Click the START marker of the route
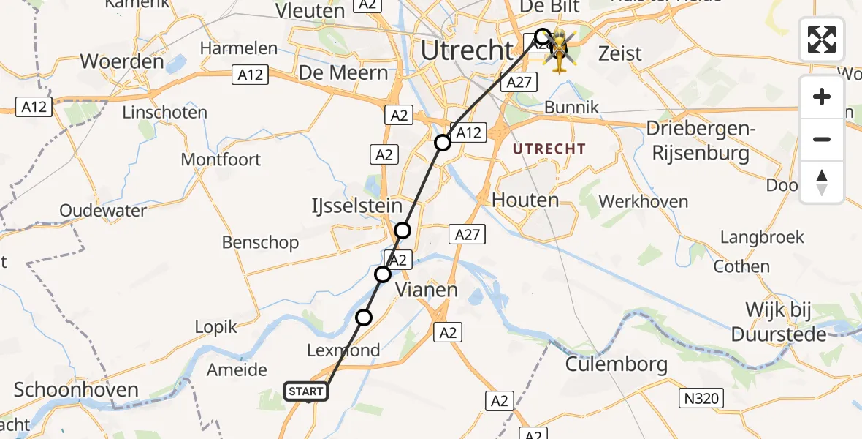point(306,391)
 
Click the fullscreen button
point(822,40)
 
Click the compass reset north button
point(822,181)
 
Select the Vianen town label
point(427,290)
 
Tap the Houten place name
point(525,200)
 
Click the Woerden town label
point(122,61)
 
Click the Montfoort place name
point(221,160)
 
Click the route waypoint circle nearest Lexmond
point(364,318)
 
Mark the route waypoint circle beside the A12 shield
point(443,142)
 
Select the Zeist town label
point(619,53)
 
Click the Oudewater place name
point(103,211)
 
